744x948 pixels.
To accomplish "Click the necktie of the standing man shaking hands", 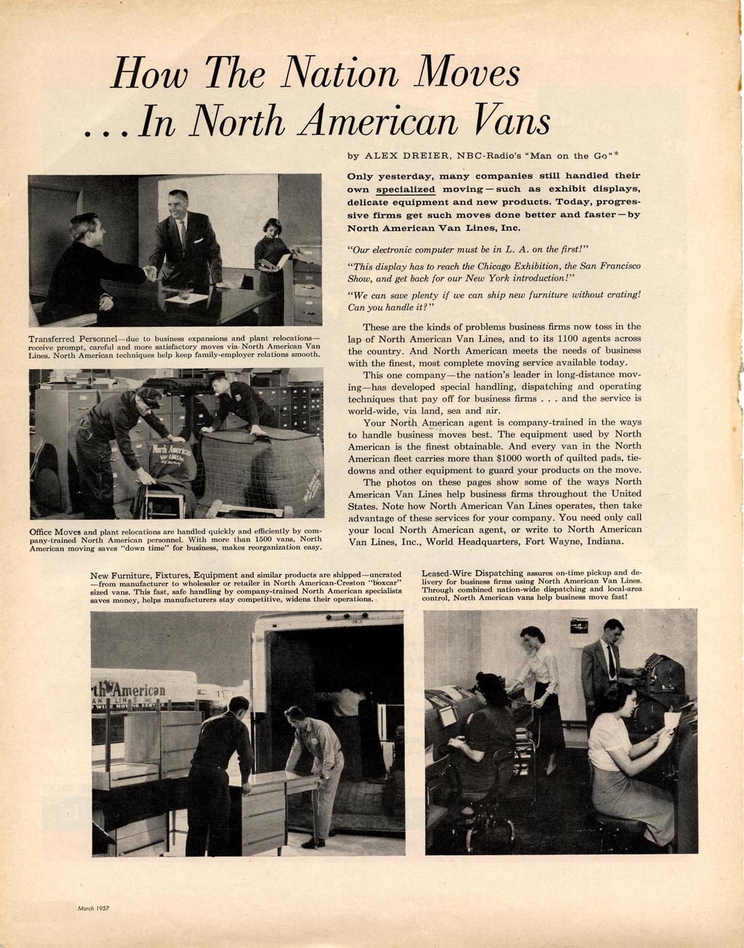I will click(x=183, y=233).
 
